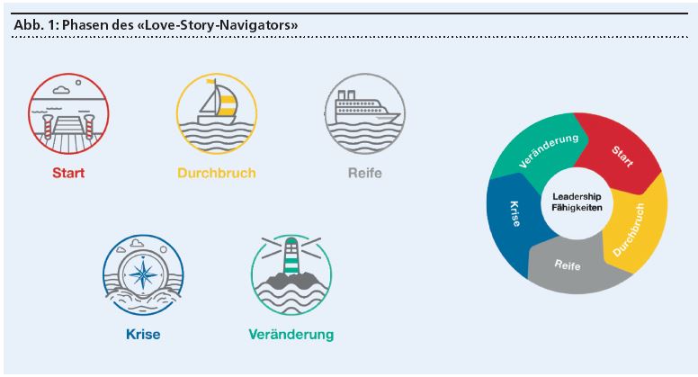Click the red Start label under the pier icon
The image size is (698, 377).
[x=68, y=173]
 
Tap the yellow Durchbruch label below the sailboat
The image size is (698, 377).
[x=216, y=173]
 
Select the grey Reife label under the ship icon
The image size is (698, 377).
[x=365, y=173]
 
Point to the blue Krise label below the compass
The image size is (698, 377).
[x=143, y=335]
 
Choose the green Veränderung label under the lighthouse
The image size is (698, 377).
[x=291, y=335]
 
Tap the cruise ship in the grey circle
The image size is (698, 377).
[x=363, y=109]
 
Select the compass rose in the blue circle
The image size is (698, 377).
[x=144, y=271]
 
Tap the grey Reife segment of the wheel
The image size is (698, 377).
[x=567, y=266]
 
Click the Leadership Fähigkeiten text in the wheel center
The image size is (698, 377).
[x=577, y=202]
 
